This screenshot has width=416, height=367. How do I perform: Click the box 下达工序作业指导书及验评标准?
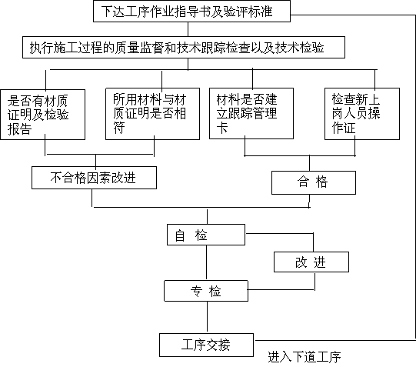(x=191, y=11)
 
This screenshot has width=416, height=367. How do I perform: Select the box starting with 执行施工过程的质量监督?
(x=184, y=48)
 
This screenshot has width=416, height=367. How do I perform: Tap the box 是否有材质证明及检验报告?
(x=43, y=115)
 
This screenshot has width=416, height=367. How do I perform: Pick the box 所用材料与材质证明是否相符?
(x=152, y=114)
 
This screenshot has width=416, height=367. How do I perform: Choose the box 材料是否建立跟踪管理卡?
(x=251, y=114)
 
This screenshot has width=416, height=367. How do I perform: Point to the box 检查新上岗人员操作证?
(x=362, y=114)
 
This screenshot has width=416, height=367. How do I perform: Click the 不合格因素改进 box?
(x=94, y=178)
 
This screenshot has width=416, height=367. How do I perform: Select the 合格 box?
(x=314, y=182)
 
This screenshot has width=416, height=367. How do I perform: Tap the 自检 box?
(x=206, y=235)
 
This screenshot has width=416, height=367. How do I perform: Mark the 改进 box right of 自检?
(x=311, y=262)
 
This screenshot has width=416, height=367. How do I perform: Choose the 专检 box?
(x=206, y=291)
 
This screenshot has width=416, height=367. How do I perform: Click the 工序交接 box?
(x=206, y=345)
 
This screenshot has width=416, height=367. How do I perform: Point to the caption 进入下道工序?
(x=305, y=357)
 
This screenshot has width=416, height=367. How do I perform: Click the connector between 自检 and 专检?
(x=206, y=262)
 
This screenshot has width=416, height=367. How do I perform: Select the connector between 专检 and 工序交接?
(x=207, y=318)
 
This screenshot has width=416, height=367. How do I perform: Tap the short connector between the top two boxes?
(x=188, y=29)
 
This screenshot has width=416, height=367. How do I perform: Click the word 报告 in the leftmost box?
(x=20, y=129)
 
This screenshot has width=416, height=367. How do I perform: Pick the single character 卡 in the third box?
(x=222, y=128)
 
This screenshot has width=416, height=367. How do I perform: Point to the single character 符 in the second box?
(x=119, y=128)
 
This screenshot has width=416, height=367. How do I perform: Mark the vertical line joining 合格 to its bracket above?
(x=309, y=163)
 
